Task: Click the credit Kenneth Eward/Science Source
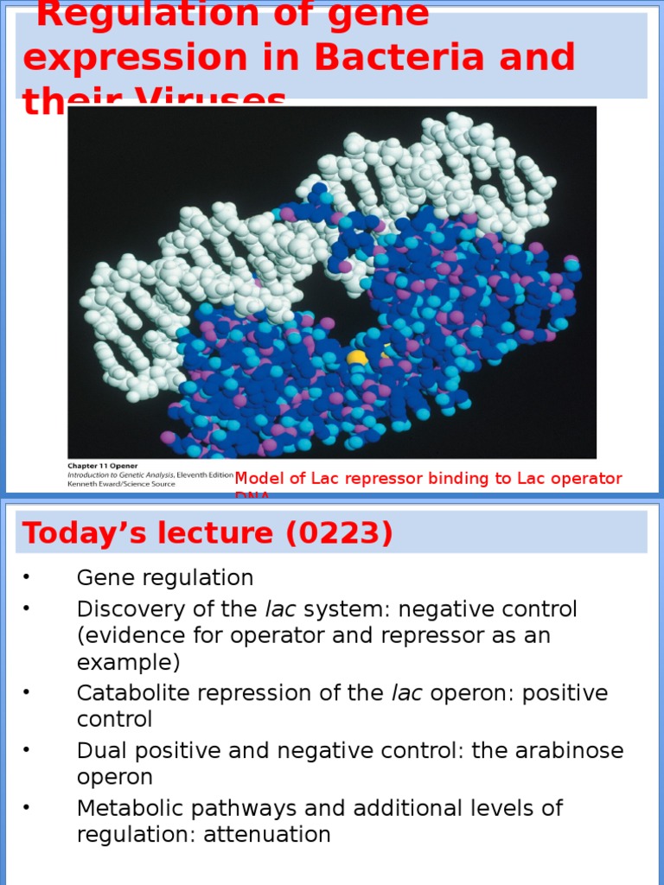(121, 484)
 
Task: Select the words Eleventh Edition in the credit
(205, 474)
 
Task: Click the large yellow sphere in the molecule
(357, 357)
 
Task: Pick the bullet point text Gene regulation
(165, 577)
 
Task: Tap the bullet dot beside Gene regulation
(27, 577)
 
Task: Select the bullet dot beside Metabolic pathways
(27, 808)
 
